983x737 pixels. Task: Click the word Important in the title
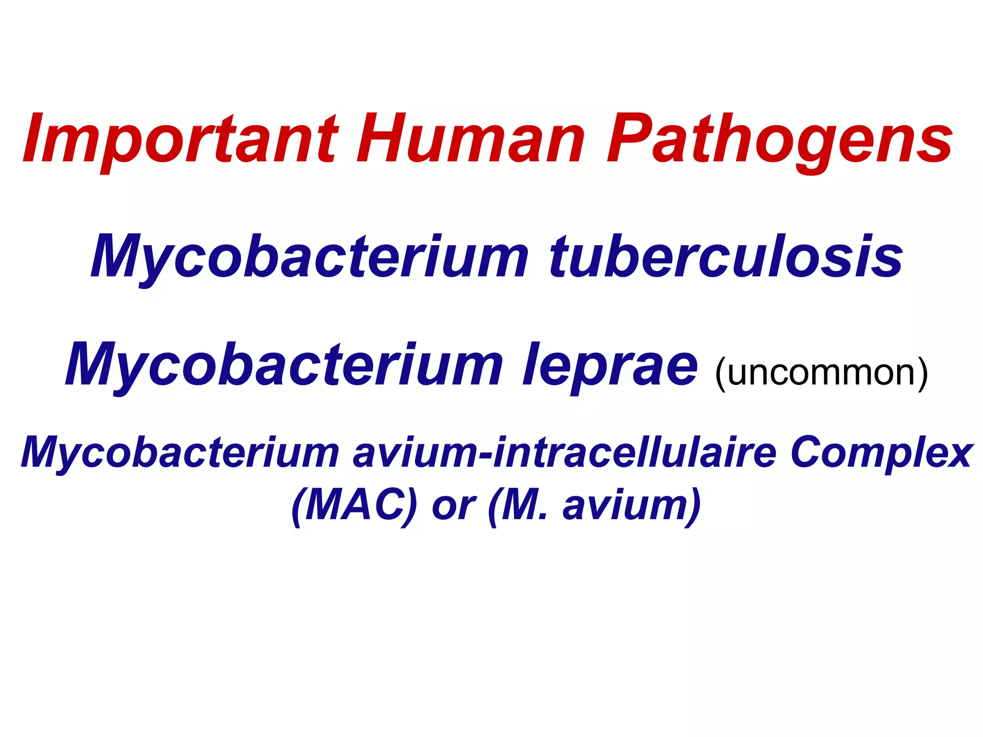pyautogui.click(x=180, y=139)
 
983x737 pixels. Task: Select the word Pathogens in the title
pyautogui.click(x=780, y=139)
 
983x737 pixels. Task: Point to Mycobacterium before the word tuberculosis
pyautogui.click(x=310, y=257)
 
